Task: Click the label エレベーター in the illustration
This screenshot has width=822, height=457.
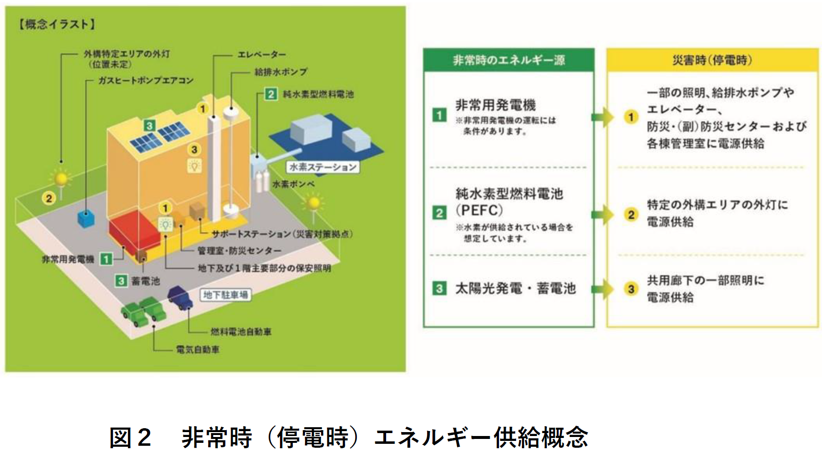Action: click(x=261, y=54)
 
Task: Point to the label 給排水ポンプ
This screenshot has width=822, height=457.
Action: click(x=281, y=72)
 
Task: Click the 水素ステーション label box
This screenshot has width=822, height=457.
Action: click(x=323, y=167)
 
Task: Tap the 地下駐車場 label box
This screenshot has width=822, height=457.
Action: click(x=225, y=295)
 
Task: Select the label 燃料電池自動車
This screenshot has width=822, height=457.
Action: click(x=241, y=332)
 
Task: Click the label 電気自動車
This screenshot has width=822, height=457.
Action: click(x=197, y=350)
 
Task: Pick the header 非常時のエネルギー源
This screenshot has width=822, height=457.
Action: click(x=509, y=60)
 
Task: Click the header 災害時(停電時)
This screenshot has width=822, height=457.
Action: click(x=712, y=60)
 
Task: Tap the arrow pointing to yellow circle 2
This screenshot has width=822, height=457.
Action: click(x=602, y=214)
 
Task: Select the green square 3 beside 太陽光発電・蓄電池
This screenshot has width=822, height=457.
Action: click(x=439, y=289)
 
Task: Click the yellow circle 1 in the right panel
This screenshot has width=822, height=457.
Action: click(x=631, y=117)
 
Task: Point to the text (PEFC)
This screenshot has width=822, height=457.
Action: click(x=479, y=210)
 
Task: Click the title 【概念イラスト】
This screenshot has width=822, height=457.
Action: click(x=57, y=24)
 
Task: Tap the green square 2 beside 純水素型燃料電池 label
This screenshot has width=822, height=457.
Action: click(x=271, y=94)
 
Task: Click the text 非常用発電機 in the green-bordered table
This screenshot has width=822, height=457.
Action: click(x=496, y=105)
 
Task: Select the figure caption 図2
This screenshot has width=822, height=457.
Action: click(x=130, y=437)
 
